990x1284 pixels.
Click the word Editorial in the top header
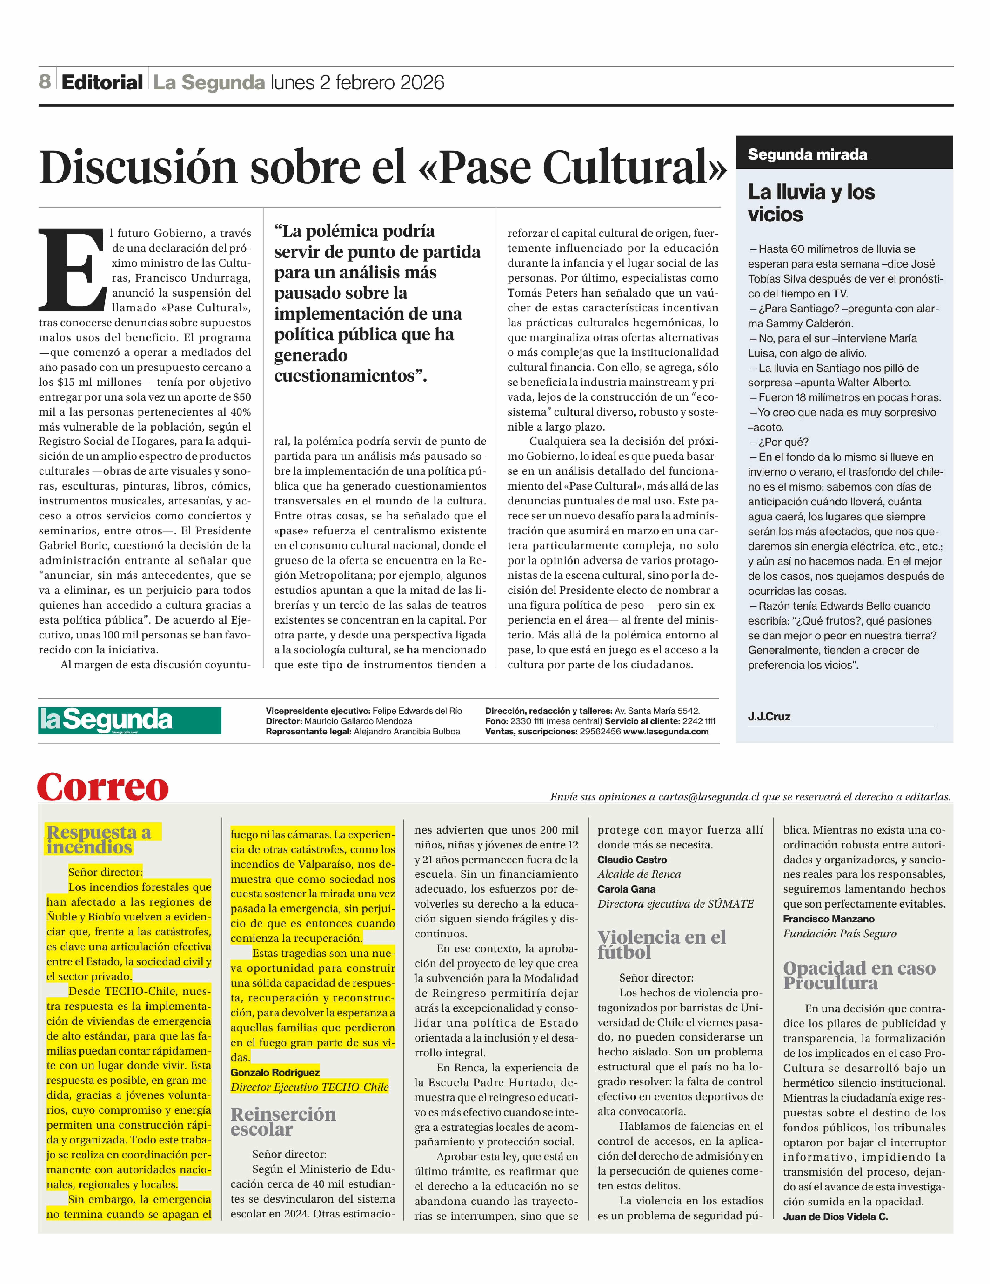pyautogui.click(x=102, y=82)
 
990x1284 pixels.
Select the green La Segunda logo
pyautogui.click(x=129, y=720)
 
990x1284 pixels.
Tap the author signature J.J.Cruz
pyautogui.click(x=769, y=716)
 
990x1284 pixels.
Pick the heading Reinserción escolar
pyautogui.click(x=283, y=1122)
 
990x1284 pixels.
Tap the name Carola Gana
pyautogui.click(x=626, y=889)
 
